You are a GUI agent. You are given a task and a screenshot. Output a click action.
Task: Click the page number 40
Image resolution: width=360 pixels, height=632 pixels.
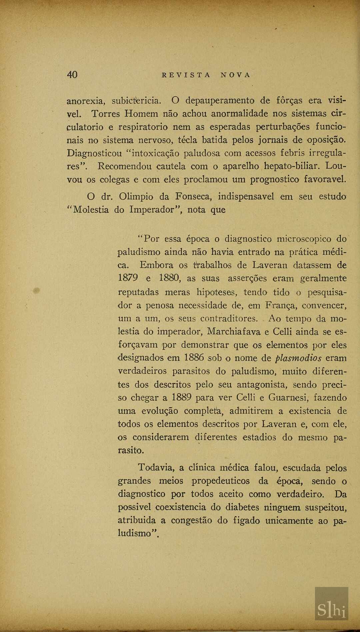click(x=72, y=74)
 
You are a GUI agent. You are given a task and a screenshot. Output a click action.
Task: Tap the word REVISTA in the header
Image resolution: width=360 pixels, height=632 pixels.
click(x=186, y=75)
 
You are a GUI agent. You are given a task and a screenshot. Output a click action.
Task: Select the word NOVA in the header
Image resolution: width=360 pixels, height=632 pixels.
click(x=235, y=75)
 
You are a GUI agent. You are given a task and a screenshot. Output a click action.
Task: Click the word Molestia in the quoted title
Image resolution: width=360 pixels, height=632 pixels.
click(x=91, y=210)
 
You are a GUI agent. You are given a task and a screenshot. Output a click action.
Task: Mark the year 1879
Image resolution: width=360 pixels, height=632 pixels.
click(x=128, y=278)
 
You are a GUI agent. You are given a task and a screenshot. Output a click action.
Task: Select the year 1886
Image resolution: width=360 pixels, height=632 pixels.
click(x=194, y=358)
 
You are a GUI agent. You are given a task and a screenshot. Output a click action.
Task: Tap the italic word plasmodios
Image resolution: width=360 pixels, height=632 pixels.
click(x=298, y=358)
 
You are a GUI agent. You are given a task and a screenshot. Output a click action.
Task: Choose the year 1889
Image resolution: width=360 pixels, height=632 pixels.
click(x=181, y=398)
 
